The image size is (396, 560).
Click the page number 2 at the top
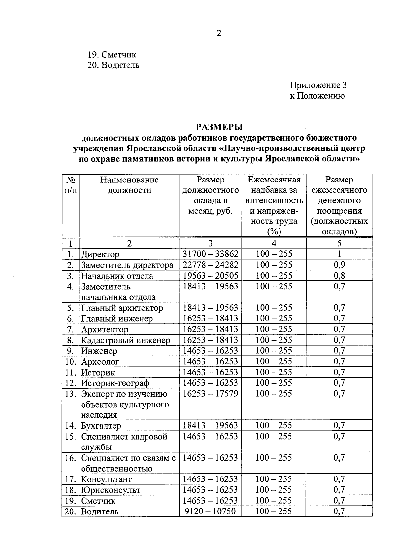[x=219, y=33]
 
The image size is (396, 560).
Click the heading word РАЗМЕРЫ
[x=219, y=127]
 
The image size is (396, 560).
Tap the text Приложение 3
[x=318, y=85]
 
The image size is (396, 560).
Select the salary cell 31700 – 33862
[x=211, y=254]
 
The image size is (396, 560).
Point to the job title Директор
[x=100, y=254]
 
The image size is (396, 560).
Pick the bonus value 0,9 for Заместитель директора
[x=339, y=265]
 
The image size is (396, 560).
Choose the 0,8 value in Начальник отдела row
[x=339, y=276]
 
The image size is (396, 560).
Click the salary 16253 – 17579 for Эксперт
[x=211, y=393]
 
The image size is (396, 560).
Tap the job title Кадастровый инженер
[x=126, y=340]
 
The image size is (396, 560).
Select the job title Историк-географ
[x=115, y=383]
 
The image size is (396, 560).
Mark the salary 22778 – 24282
[x=211, y=265]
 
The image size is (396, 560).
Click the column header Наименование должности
[x=129, y=185]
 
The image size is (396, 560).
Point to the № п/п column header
[x=71, y=185]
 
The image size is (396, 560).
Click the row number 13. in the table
[x=71, y=394]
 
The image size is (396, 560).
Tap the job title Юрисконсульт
[x=111, y=490]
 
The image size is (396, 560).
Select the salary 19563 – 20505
[x=211, y=276]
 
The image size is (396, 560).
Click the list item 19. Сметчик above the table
[x=112, y=55]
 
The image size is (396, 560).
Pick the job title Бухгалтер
[x=101, y=426]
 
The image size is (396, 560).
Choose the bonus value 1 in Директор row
[x=339, y=254]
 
